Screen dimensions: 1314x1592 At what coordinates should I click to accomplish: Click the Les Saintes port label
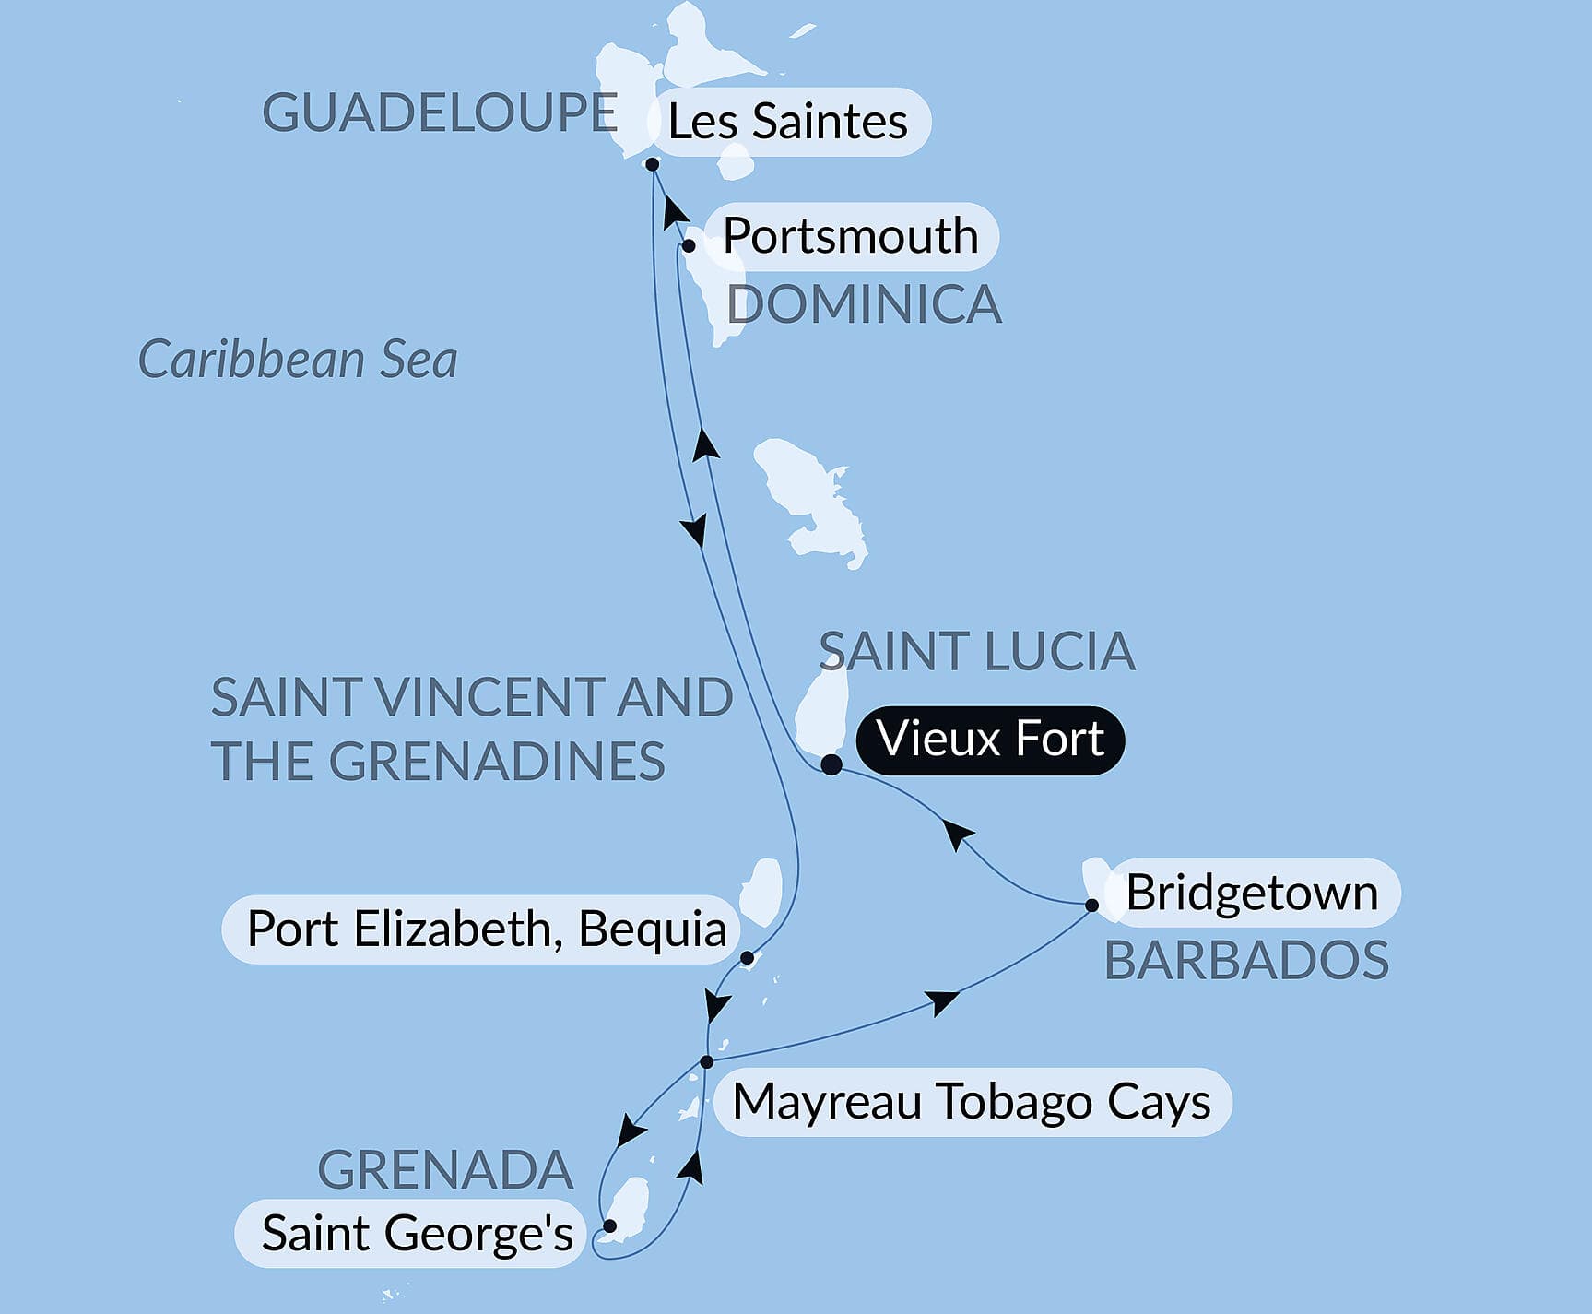tap(787, 122)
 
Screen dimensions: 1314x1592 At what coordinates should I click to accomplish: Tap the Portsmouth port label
tap(850, 236)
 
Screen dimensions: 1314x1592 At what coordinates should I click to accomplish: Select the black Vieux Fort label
tap(990, 740)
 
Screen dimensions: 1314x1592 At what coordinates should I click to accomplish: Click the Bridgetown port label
tap(1252, 893)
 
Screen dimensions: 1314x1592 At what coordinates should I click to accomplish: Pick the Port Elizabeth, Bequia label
tap(486, 929)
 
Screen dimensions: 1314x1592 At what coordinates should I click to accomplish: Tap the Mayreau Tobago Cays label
tap(972, 1102)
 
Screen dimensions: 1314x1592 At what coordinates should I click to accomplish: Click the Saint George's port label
tap(417, 1234)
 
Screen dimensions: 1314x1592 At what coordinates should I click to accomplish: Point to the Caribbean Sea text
tap(297, 360)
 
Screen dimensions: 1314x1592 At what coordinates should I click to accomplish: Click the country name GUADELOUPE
tap(439, 113)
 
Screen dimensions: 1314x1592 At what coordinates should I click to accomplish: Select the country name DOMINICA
tap(863, 304)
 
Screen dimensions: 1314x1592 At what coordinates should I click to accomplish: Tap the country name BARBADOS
tap(1246, 960)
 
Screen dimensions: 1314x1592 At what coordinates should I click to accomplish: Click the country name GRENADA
tap(445, 1170)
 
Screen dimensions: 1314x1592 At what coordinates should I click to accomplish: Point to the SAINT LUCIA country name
tap(976, 651)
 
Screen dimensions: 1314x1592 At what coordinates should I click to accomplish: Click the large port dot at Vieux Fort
tap(831, 764)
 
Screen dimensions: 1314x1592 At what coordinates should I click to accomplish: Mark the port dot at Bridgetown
tap(1091, 906)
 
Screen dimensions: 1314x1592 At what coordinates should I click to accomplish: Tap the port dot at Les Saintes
tap(652, 165)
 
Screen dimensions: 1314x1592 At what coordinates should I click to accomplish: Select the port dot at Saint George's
tap(609, 1226)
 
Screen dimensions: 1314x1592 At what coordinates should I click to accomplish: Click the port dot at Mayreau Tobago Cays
tap(707, 1062)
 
